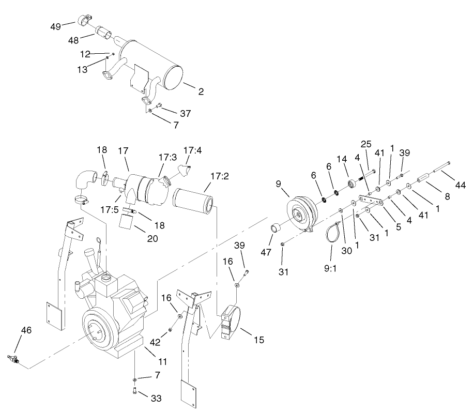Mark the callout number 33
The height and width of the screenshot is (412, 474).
[156, 399]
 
